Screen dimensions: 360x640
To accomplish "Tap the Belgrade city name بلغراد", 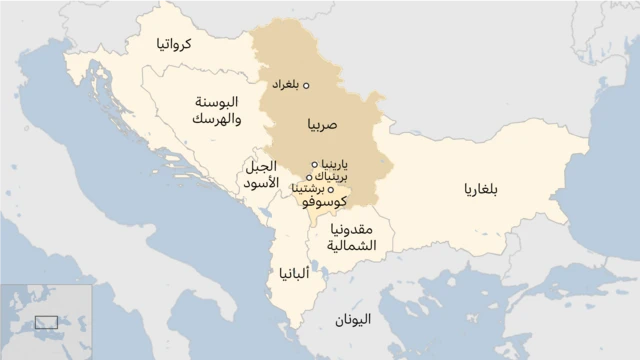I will coord(285,85).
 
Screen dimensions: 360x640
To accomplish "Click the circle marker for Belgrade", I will coord(307,85).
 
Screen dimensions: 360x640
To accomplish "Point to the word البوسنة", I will coord(216,103).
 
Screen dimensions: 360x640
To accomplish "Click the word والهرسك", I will coord(216,119).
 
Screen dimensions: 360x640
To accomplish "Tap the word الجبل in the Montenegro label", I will coord(262,167).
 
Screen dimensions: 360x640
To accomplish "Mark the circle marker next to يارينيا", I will coord(315,164).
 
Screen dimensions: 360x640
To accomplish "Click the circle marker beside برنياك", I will coord(310,177).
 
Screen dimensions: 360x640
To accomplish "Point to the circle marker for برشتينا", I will coord(331,189).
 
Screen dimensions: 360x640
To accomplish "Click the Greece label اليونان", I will coord(353,320).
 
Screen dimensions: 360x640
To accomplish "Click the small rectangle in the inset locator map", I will coord(46,322).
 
